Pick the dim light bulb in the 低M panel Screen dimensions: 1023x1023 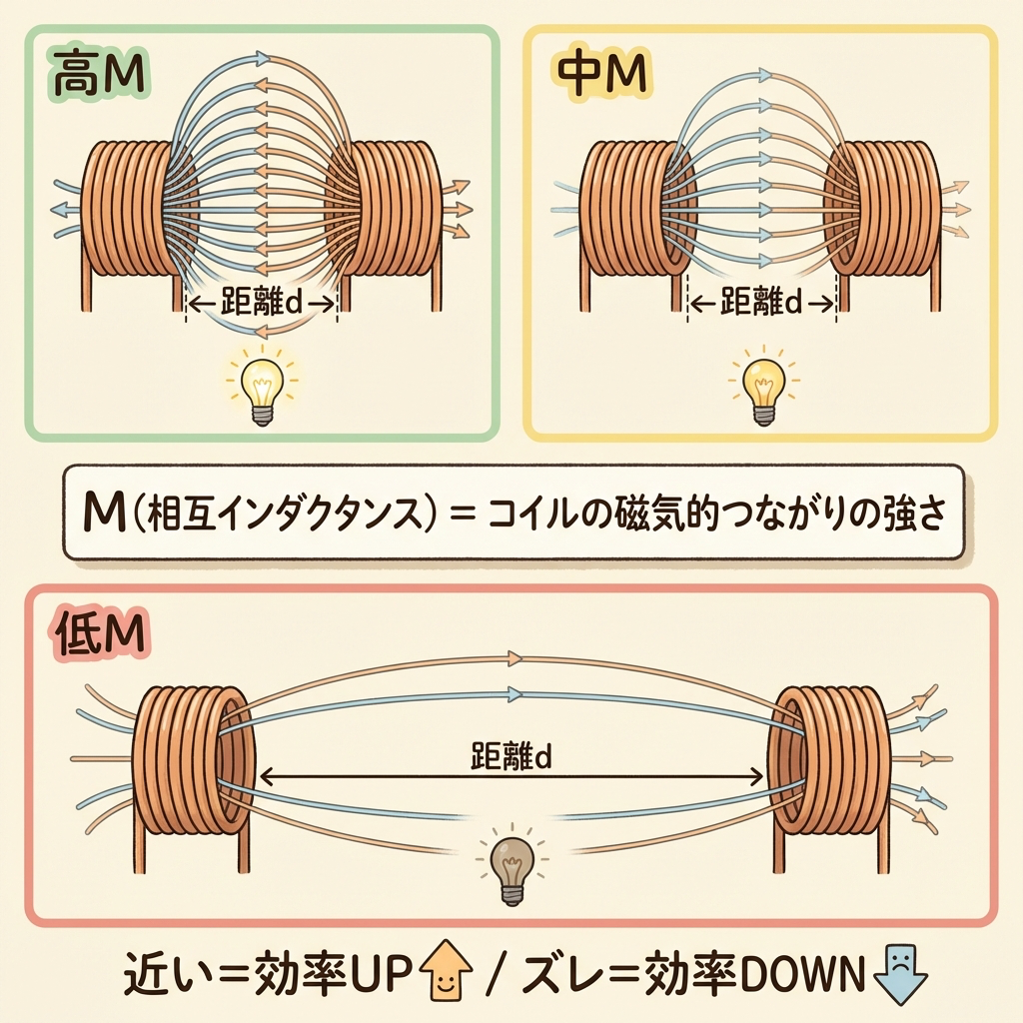[511, 867]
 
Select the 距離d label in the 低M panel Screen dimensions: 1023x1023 [511, 757]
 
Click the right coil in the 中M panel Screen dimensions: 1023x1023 [883, 210]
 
